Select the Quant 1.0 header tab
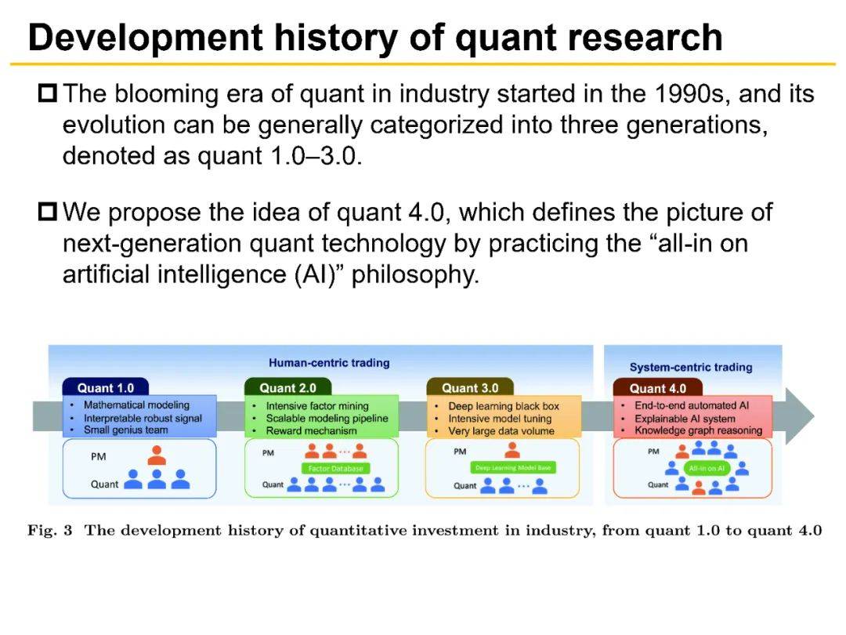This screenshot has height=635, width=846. (x=105, y=388)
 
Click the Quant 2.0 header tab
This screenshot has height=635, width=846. (x=287, y=388)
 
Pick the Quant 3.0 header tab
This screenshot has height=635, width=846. (x=470, y=388)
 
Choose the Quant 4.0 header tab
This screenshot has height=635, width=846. (x=657, y=388)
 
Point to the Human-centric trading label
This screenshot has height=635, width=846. (x=329, y=363)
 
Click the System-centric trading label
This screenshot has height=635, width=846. (x=690, y=367)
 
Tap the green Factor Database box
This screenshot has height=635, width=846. (x=334, y=468)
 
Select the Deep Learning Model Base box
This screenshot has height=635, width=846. (x=513, y=468)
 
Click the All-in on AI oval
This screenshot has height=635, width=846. (x=706, y=468)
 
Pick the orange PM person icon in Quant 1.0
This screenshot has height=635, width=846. (x=157, y=455)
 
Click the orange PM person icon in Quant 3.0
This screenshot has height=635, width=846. (x=513, y=450)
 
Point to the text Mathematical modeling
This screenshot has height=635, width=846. (x=136, y=405)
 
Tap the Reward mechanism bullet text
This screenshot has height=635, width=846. (x=311, y=430)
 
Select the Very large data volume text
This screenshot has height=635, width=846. (x=501, y=431)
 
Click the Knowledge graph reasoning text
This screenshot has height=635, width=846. (x=698, y=430)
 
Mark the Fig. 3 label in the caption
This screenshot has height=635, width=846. (x=49, y=531)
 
